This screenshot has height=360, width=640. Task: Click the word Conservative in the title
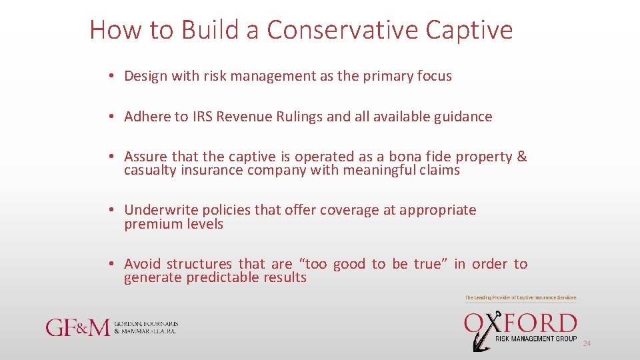[342, 30]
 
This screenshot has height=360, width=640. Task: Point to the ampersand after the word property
[521, 157]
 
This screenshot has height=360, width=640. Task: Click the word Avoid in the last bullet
[142, 264]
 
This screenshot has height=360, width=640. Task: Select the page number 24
[587, 343]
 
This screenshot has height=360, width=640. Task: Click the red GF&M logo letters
[77, 327]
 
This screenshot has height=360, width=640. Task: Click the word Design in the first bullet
[145, 76]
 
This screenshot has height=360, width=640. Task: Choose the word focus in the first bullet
[435, 76]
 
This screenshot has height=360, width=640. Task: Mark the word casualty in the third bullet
[150, 171]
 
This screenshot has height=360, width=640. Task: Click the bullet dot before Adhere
[114, 117]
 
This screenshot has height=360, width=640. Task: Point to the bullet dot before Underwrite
[114, 211]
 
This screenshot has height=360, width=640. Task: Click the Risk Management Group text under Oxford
[536, 339]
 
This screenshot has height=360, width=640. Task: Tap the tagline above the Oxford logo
[520, 297]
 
